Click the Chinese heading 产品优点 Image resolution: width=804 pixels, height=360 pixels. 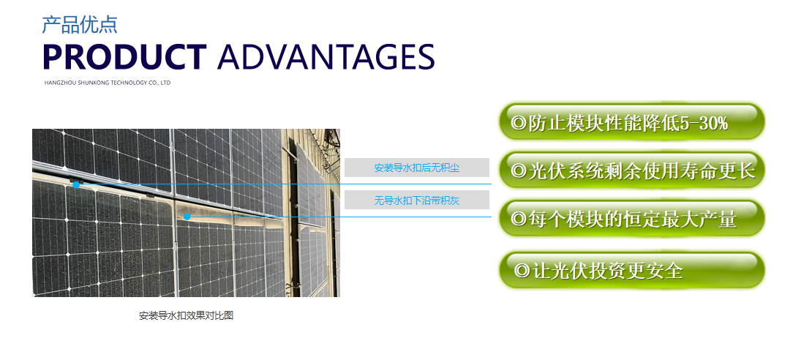tap(80, 25)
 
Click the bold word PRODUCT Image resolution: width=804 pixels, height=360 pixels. tap(125, 57)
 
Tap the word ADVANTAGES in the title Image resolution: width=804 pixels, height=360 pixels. tap(326, 57)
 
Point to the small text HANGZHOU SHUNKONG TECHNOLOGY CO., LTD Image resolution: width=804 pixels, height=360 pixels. tap(108, 83)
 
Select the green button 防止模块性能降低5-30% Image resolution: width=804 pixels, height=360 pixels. tap(632, 121)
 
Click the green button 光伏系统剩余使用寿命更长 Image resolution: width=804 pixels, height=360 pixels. tap(632, 170)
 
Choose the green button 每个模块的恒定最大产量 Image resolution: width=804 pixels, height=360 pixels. tap(632, 218)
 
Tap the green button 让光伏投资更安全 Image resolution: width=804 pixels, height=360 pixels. tap(632, 270)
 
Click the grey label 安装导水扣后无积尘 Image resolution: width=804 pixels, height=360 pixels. tap(417, 168)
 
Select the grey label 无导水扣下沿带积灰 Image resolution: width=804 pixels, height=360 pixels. tap(417, 200)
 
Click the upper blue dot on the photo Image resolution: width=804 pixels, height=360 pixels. tap(76, 184)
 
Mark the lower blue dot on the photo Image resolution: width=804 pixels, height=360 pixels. tap(187, 217)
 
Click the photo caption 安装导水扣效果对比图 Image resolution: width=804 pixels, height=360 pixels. tap(186, 316)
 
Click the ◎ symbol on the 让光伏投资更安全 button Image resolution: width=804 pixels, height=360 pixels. tap(522, 270)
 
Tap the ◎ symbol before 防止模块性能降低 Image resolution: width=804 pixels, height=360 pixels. tap(519, 124)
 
